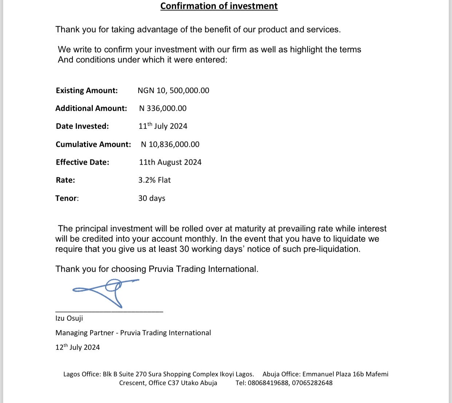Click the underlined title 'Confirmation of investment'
(x=219, y=6)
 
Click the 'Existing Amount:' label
(x=87, y=91)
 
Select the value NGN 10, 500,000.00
(x=173, y=91)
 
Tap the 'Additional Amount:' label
(x=91, y=108)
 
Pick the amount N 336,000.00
(x=163, y=108)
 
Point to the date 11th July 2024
(x=163, y=126)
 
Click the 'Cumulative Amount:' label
(x=93, y=145)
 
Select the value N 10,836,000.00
(x=170, y=145)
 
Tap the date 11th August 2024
(x=170, y=162)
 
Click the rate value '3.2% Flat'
(x=154, y=180)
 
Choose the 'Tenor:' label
(x=67, y=198)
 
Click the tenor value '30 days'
(x=151, y=198)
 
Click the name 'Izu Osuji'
(x=69, y=318)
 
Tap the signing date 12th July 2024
(x=78, y=347)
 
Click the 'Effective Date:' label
(x=82, y=162)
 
